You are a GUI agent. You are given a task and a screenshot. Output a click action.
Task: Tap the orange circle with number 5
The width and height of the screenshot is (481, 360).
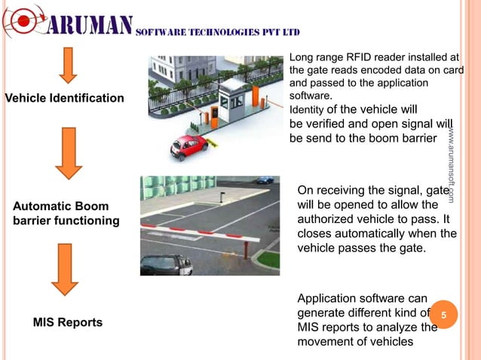445,315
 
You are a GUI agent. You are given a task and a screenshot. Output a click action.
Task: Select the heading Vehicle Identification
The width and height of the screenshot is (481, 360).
65,99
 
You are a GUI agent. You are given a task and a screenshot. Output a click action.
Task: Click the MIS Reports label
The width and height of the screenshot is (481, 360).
68,322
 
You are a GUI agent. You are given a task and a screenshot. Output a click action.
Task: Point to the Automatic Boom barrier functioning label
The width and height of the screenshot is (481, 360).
66,213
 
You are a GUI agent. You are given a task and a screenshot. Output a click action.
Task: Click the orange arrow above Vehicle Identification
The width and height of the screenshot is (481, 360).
69,66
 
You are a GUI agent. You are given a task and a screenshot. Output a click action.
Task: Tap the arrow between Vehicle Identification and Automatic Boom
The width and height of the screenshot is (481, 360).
69,152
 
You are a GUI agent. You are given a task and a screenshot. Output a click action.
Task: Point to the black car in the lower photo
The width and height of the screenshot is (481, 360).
167,264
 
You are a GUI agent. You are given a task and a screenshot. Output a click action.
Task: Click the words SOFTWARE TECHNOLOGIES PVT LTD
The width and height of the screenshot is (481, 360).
219,32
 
